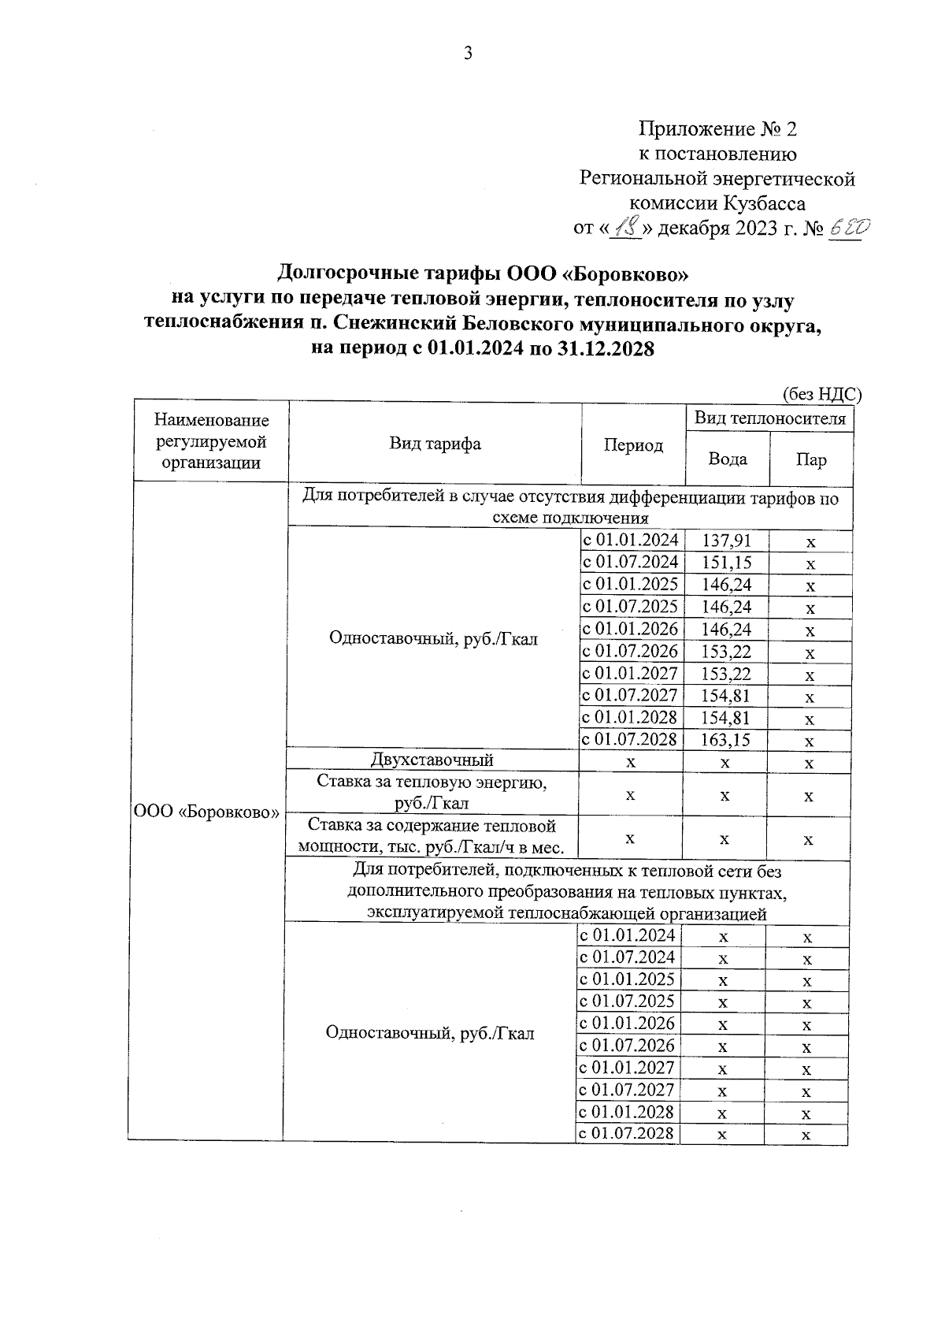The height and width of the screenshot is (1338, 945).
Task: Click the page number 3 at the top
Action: point(467,54)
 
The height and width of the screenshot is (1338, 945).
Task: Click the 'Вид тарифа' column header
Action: point(435,444)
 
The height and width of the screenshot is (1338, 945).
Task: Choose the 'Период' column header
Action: point(633,445)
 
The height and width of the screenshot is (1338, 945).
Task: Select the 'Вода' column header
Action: point(727,459)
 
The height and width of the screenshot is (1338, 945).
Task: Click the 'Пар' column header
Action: point(810,459)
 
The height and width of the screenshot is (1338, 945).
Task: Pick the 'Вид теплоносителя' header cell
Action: point(769,418)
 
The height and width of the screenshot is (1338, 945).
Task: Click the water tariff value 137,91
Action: point(726,541)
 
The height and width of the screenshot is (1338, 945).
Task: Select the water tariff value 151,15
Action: point(726,563)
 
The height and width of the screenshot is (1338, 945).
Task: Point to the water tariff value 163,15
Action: point(726,739)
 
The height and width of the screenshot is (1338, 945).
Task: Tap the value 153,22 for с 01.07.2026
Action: point(726,651)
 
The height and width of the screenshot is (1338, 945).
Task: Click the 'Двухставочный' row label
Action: point(432,760)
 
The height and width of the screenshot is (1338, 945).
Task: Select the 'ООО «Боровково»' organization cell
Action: point(207,812)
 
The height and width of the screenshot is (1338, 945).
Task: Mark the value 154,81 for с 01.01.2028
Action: point(726,717)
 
